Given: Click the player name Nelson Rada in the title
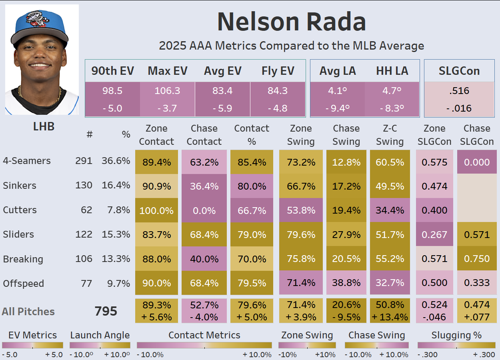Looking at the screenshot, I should point(291,22).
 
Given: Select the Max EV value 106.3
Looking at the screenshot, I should point(167,91).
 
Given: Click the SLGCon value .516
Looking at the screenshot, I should point(459,91).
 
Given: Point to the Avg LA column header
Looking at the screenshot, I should point(338,71).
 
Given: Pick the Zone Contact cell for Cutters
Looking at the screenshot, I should point(156,210).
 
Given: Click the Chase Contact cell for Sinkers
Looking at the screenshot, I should point(204,186).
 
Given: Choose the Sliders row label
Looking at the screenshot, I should point(18,234).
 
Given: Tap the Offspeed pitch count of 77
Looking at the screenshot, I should point(86,284).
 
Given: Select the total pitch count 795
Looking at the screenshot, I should point(106,311).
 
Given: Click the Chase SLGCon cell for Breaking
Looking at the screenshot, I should point(477,259).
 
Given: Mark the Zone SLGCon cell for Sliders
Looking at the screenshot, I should point(434,234).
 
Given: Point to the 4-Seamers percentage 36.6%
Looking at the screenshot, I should point(116,161).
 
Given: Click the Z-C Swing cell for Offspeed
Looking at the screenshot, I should point(390,283).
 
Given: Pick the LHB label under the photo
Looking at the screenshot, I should point(43,126).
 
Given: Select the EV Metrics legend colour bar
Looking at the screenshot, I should point(32,345).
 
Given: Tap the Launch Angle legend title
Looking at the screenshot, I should point(100,335).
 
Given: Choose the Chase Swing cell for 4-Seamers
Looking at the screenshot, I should point(346,162).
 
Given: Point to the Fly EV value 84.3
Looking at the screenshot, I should point(278,91).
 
